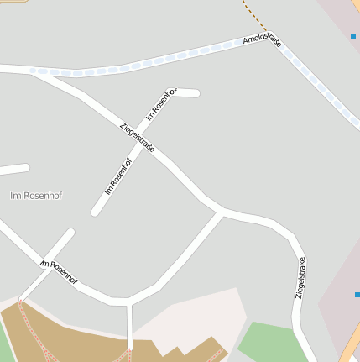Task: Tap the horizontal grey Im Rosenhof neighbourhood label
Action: point(36,195)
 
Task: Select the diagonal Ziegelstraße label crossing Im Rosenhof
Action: point(138,138)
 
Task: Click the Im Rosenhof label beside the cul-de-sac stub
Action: point(162,102)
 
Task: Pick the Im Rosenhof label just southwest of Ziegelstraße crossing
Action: point(119,176)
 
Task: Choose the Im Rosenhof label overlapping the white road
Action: point(59,271)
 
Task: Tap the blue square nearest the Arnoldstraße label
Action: point(353,37)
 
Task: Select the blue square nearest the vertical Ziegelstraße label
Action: point(357,295)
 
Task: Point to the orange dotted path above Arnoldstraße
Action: point(252,15)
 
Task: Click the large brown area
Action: point(76,332)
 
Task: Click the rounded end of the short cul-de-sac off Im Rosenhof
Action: point(195,93)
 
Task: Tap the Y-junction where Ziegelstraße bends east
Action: point(221,210)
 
